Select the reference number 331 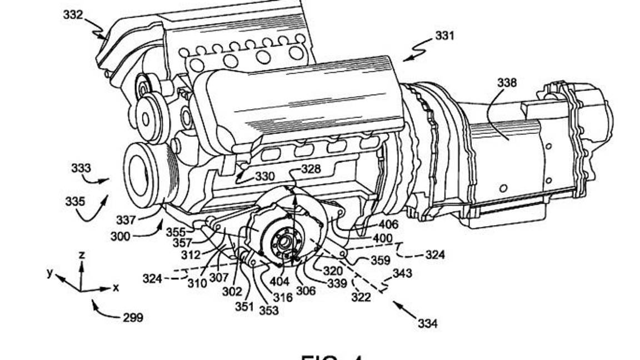(x=444, y=36)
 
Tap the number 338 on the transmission (x=507, y=83)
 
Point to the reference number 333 (x=81, y=168)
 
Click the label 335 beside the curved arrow (x=75, y=201)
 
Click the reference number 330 (x=265, y=177)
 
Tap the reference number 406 (x=388, y=224)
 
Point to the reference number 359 (x=381, y=259)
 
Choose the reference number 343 (x=402, y=273)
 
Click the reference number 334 (x=427, y=323)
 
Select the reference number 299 (x=133, y=318)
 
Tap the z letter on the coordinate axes (x=82, y=254)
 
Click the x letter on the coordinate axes (x=116, y=288)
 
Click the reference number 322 (x=361, y=298)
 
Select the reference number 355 (x=176, y=232)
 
